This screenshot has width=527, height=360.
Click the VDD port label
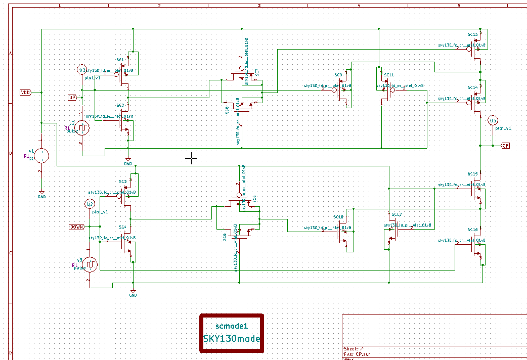(x=25, y=93)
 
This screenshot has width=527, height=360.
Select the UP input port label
(x=72, y=97)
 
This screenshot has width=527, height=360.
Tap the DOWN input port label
(x=76, y=227)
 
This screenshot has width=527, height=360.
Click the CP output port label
(x=505, y=146)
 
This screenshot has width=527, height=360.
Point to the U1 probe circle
(x=82, y=70)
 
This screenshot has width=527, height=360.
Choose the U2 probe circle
(x=90, y=204)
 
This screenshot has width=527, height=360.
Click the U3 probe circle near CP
(x=493, y=120)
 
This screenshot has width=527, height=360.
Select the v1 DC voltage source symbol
(x=41, y=156)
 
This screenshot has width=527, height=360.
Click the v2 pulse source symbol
(x=82, y=128)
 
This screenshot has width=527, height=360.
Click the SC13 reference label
(x=472, y=35)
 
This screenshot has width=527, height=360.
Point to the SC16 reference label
(x=472, y=230)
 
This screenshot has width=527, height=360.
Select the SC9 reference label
(x=338, y=75)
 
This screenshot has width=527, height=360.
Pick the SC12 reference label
(x=396, y=215)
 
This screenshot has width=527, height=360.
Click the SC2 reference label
(x=120, y=105)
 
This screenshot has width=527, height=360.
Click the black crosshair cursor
(x=191, y=158)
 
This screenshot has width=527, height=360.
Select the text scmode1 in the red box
(x=232, y=326)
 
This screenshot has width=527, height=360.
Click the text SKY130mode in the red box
(x=232, y=339)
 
